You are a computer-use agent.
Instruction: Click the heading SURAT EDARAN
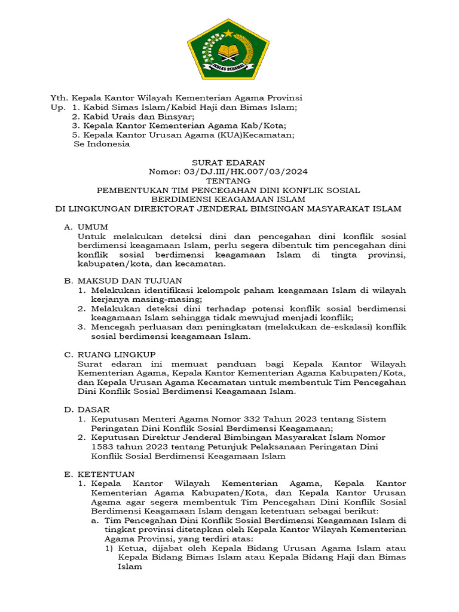coord(228,163)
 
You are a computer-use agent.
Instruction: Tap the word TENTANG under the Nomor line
coord(228,180)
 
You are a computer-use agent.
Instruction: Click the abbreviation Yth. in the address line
coord(59,97)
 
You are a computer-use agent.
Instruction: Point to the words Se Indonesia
coord(101,144)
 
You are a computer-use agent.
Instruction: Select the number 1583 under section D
coord(103,446)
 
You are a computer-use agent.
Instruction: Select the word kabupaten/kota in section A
coord(107,264)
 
